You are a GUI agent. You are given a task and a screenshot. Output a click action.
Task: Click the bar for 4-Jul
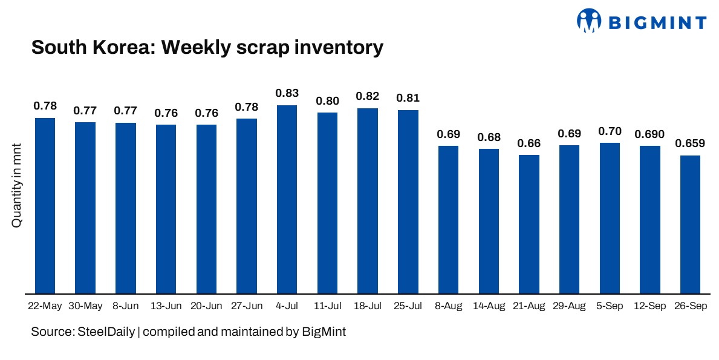coord(287,200)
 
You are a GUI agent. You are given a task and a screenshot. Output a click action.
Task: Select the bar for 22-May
coord(45,206)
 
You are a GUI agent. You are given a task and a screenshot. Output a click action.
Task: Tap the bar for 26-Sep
coord(690,224)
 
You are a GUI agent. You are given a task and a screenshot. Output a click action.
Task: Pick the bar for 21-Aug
coord(529,224)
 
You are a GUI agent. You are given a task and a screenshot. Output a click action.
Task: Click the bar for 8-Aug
coord(448,220)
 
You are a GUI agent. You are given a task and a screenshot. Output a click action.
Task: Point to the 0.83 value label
coord(287,93)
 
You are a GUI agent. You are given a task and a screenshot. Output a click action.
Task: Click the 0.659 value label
coord(690,143)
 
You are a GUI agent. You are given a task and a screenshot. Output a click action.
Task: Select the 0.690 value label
coord(650,134)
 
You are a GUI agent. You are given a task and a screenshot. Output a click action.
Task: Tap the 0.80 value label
coord(327,100)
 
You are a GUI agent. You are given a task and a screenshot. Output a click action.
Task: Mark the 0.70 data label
coord(610,131)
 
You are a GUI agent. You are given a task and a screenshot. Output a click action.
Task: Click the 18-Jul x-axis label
coord(368,306)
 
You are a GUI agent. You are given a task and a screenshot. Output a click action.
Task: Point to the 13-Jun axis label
coord(166,306)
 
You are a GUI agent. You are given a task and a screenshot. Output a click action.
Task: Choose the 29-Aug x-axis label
coord(569,306)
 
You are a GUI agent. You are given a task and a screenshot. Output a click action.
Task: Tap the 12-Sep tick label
coord(650,306)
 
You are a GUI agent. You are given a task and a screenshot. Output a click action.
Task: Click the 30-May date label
coord(85,306)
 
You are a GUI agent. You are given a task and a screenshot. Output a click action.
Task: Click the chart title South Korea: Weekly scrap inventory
coord(207,47)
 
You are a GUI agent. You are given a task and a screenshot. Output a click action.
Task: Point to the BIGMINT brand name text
coord(657,23)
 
